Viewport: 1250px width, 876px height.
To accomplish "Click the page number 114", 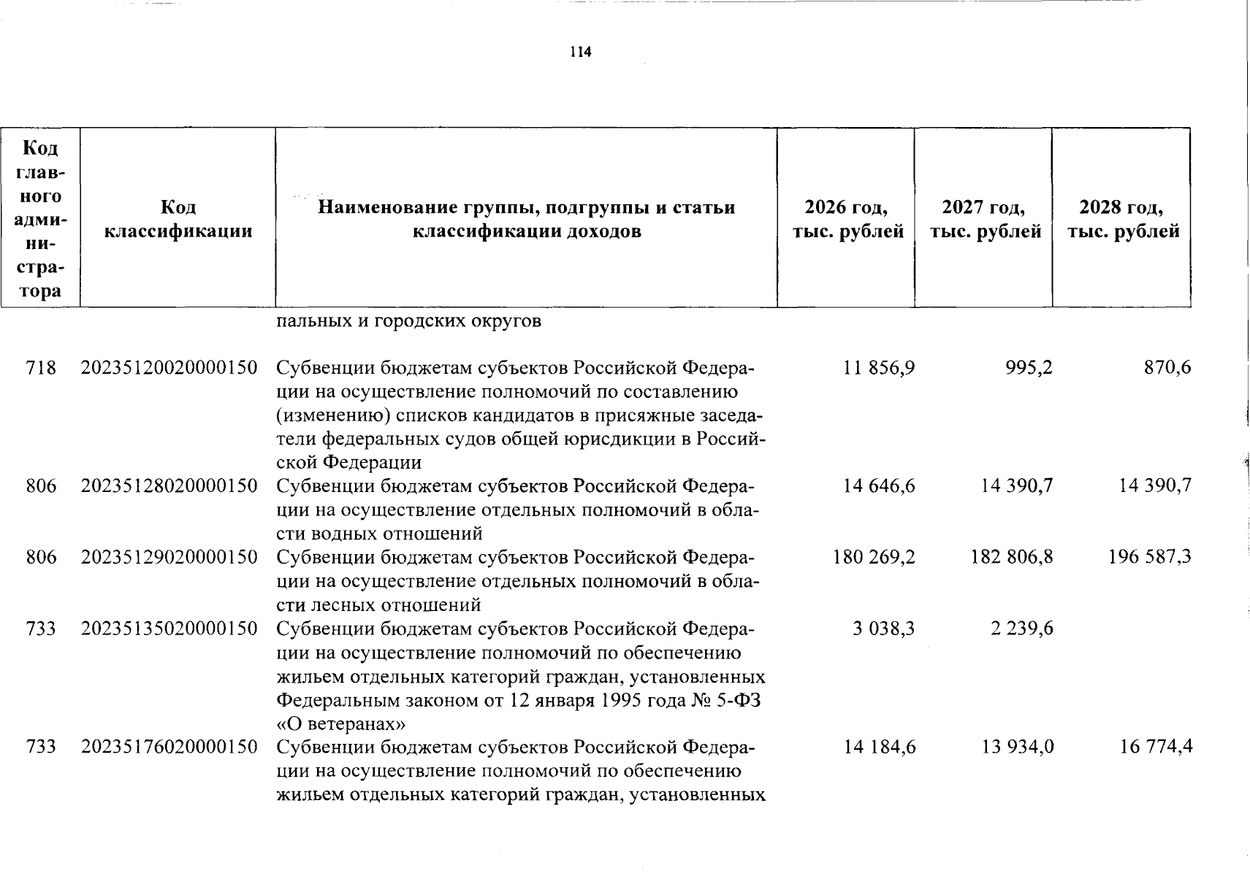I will (581, 52).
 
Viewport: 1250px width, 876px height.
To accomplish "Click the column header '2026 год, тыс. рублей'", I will (847, 220).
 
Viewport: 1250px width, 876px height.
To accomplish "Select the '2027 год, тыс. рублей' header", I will (984, 220).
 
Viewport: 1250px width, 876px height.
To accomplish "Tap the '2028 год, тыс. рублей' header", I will (1122, 220).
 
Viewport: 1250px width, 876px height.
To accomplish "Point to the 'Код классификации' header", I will (178, 220).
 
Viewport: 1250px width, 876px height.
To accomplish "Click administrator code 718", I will (41, 367).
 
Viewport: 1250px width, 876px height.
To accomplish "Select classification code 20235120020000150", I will (169, 367).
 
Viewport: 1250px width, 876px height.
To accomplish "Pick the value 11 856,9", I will (879, 367).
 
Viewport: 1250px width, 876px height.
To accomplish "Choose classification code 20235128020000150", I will (169, 485).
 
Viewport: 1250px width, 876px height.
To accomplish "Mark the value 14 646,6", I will (879, 485).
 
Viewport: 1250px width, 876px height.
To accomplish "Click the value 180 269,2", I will (874, 557).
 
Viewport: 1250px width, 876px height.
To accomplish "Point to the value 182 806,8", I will (1012, 557).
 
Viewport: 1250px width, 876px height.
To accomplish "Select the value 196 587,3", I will (1150, 557).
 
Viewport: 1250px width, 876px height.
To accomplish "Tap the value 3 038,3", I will (883, 629).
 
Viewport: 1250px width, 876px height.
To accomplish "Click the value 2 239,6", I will (1021, 629).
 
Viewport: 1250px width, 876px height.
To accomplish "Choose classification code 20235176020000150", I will (169, 747).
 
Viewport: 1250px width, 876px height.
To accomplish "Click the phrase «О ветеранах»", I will (341, 724).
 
